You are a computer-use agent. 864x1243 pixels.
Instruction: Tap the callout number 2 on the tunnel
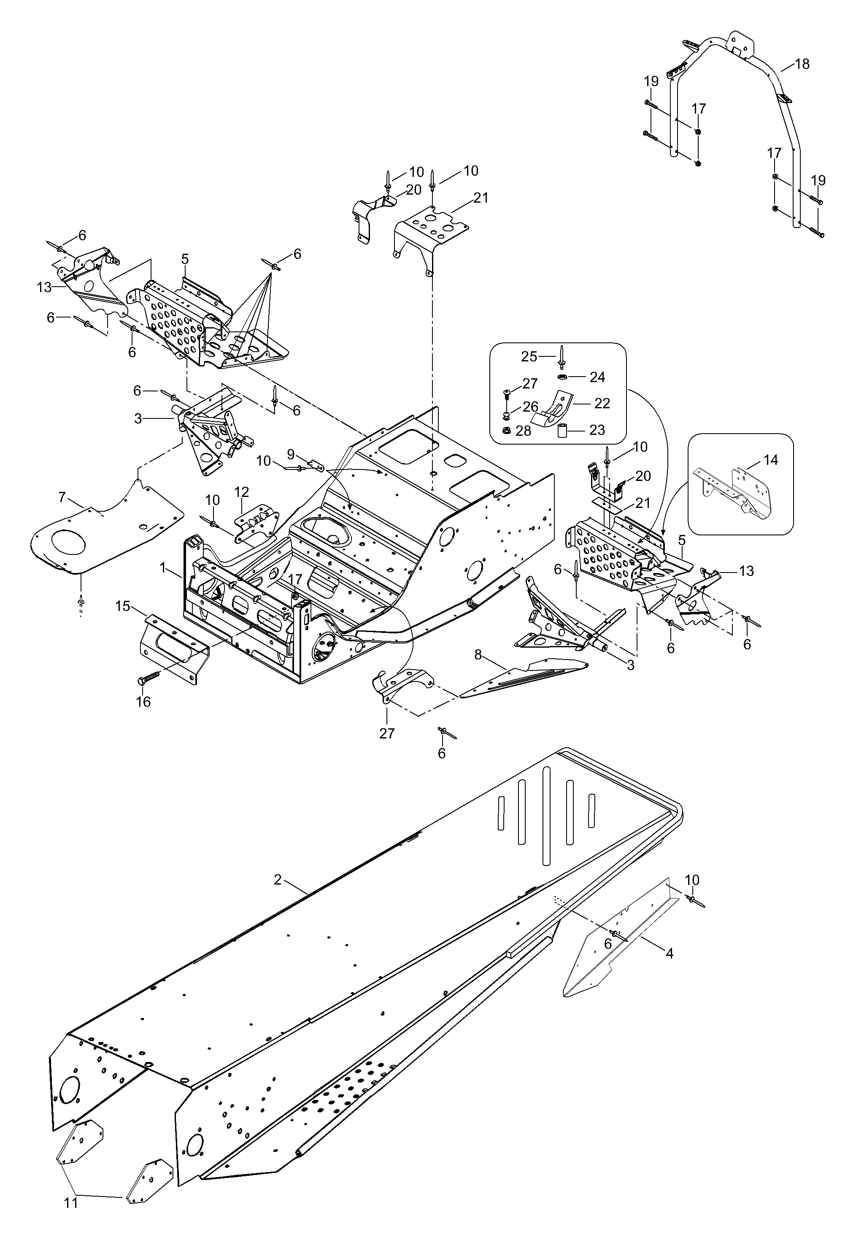click(x=278, y=880)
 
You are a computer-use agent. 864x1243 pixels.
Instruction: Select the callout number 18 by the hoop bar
click(x=802, y=64)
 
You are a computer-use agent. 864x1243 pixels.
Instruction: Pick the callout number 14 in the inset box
click(x=771, y=460)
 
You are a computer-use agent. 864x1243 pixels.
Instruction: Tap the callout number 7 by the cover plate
click(x=62, y=497)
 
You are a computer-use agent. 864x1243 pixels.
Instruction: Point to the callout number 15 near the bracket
click(x=123, y=606)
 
